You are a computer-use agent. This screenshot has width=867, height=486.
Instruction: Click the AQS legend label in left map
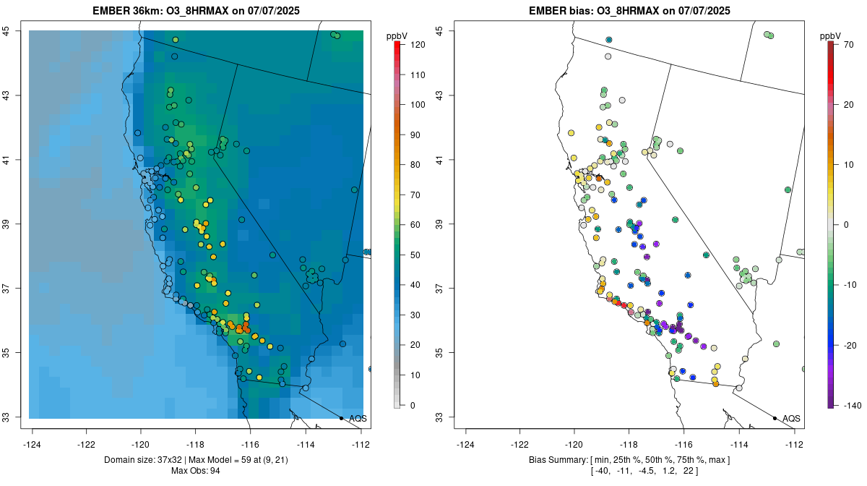[x=358, y=419]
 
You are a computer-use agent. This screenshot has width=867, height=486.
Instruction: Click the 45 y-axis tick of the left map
[x=15, y=31]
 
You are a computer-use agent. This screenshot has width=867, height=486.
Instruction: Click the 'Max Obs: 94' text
[x=195, y=471]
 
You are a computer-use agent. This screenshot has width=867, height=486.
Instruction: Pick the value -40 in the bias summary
[x=601, y=471]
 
